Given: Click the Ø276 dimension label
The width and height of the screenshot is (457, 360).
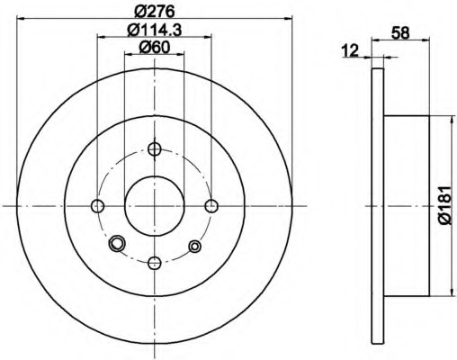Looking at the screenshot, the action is (x=155, y=12).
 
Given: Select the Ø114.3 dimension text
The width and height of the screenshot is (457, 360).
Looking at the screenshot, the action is (x=155, y=31).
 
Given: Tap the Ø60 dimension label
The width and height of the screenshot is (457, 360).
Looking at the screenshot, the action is (x=155, y=48).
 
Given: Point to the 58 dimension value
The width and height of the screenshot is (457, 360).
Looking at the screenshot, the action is (x=400, y=32).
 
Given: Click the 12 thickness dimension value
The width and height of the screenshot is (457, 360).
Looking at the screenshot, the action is (x=350, y=50).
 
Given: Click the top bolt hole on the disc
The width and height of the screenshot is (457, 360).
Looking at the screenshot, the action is (x=155, y=148).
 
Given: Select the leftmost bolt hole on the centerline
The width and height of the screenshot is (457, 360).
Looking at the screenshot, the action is (x=97, y=206).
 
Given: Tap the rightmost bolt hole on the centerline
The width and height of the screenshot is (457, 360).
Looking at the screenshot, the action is (x=211, y=206).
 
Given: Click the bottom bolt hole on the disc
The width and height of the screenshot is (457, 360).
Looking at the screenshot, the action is (x=155, y=263).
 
